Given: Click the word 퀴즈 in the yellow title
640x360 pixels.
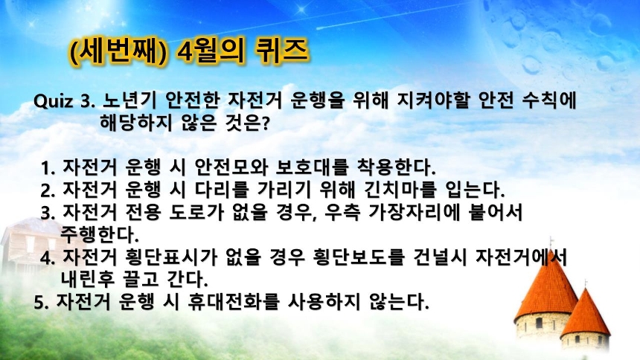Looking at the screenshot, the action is tap(281, 51).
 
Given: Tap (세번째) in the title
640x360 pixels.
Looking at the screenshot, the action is tap(118, 52).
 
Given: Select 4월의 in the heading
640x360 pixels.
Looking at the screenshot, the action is tap(211, 51).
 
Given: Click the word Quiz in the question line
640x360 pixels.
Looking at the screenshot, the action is tap(54, 101).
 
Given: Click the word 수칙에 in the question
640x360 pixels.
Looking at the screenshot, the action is tap(549, 100).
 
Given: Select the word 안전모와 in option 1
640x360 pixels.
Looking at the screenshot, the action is tap(231, 166).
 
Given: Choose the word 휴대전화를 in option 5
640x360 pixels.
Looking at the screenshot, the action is tap(234, 301).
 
